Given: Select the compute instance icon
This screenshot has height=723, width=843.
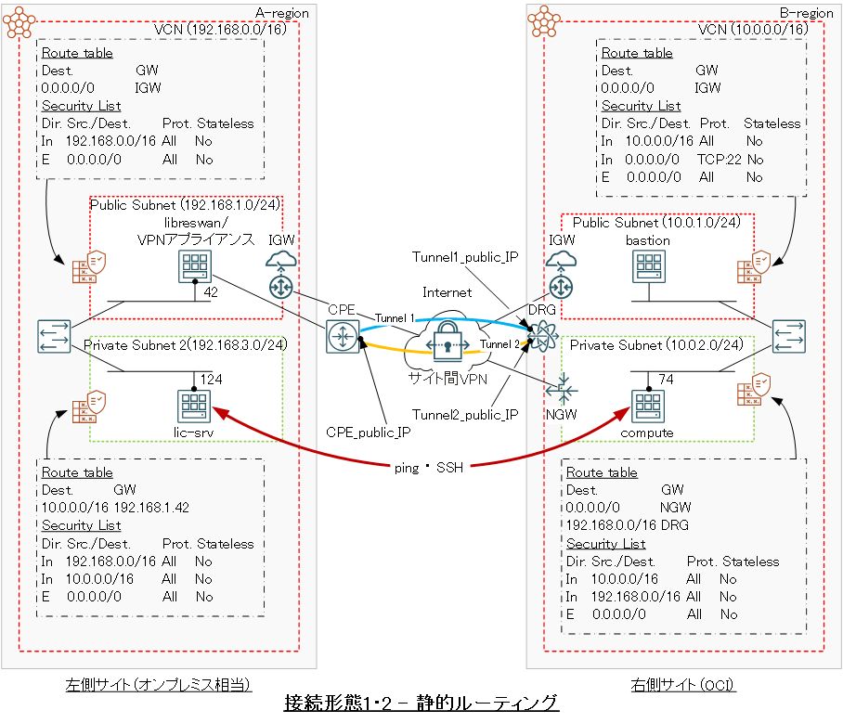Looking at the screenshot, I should pyautogui.click(x=646, y=406).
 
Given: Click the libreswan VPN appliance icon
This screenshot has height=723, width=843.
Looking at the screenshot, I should pyautogui.click(x=195, y=268).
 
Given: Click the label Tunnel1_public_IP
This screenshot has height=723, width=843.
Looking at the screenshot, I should pyautogui.click(x=463, y=256).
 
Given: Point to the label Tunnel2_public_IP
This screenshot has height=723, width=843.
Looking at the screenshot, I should pyautogui.click(x=465, y=415).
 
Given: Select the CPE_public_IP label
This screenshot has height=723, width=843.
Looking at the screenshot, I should pyautogui.click(x=367, y=431).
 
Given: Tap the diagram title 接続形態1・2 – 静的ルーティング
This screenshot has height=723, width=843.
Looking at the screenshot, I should pyautogui.click(x=421, y=703).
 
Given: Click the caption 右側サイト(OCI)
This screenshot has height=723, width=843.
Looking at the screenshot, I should pyautogui.click(x=683, y=685).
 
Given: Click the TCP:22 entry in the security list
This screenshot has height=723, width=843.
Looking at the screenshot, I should pyautogui.click(x=716, y=159).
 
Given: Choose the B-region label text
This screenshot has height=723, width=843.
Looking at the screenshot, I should pyautogui.click(x=807, y=13).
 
